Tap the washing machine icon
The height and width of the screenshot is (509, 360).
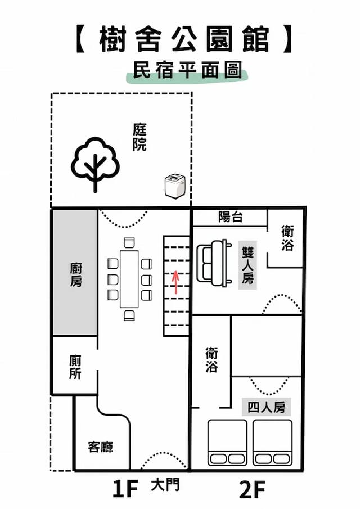coord(174,186)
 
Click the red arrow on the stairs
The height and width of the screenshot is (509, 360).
coord(176,282)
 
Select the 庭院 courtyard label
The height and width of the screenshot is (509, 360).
coord(139,137)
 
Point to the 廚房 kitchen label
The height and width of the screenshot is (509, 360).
coord(75,274)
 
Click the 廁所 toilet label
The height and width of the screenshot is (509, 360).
coord(75,367)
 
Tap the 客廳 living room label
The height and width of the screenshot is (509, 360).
coord(101,447)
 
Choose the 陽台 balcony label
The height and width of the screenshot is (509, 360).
coord(231,217)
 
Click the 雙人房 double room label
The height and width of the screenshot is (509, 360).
coord(248,264)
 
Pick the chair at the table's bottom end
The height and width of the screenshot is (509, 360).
coord(129,314)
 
